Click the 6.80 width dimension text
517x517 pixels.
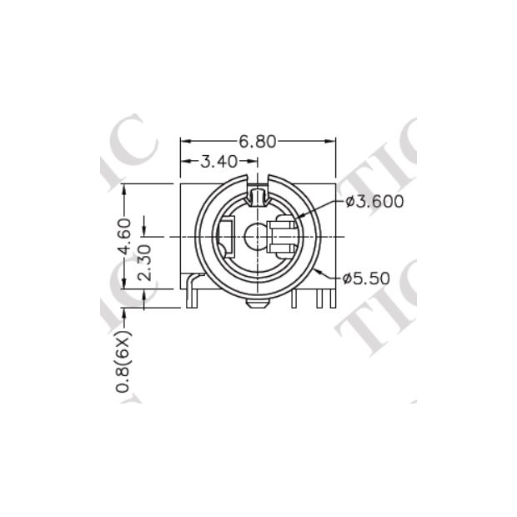(x=257, y=141)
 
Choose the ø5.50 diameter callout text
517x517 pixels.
(x=366, y=279)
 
